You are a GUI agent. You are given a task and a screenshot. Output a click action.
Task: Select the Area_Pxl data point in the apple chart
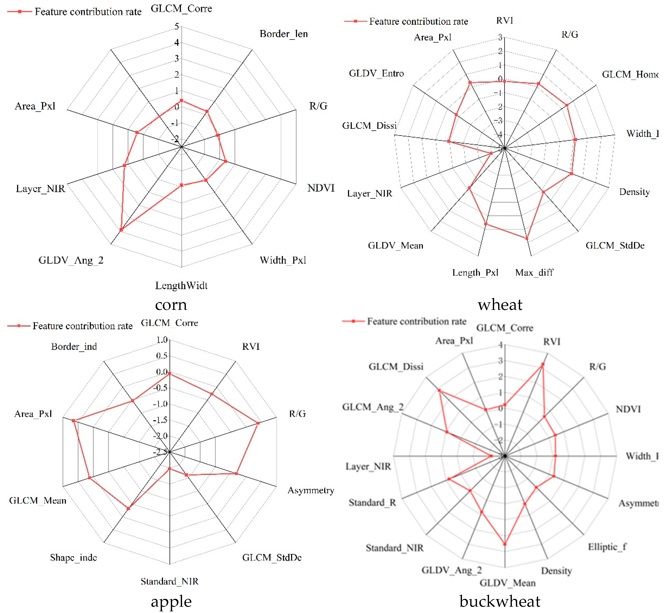point(73,421)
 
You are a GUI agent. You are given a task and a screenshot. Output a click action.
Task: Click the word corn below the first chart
point(171,305)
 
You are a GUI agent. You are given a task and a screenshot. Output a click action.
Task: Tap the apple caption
point(171,601)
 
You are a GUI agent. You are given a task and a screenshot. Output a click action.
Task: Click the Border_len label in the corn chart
point(284,34)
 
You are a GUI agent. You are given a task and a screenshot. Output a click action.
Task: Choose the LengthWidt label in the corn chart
point(181,285)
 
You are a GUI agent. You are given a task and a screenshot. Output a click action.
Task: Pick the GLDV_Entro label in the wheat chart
point(376,73)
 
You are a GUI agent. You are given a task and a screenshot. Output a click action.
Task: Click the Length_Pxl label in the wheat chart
point(475,272)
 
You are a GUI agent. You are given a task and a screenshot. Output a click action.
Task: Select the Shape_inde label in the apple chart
point(73,557)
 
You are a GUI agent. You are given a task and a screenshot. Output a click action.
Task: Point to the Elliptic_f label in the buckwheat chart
point(607,547)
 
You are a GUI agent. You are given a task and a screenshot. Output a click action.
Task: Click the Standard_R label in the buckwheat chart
point(372,503)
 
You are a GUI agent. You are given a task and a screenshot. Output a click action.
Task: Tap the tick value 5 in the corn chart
point(177,26)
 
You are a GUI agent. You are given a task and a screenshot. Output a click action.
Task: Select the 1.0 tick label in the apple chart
point(162,340)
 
